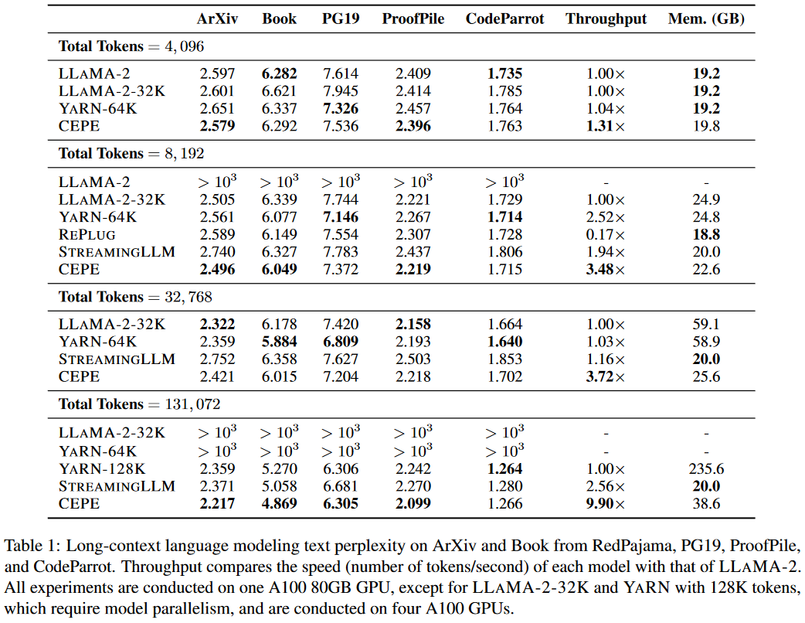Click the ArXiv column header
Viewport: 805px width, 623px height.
(217, 19)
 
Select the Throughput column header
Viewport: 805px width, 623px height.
(606, 19)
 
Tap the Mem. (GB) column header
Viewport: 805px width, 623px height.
(706, 19)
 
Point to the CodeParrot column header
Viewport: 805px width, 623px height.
(504, 19)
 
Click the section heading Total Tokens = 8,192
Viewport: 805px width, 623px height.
(131, 154)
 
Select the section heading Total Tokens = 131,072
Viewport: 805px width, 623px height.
(139, 404)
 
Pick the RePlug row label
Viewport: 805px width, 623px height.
(87, 235)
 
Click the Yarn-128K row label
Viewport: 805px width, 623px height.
(102, 468)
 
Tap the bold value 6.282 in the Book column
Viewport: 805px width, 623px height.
(280, 74)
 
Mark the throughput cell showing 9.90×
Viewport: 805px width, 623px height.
(606, 504)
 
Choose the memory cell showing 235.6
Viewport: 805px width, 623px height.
(706, 468)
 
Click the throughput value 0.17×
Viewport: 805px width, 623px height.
(606, 235)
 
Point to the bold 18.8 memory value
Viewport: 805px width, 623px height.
(706, 235)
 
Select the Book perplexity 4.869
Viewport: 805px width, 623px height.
(280, 504)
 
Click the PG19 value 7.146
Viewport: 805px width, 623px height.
(341, 217)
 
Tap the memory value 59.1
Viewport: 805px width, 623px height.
(706, 325)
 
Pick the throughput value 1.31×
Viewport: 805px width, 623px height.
(606, 126)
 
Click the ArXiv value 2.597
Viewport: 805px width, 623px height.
(217, 74)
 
